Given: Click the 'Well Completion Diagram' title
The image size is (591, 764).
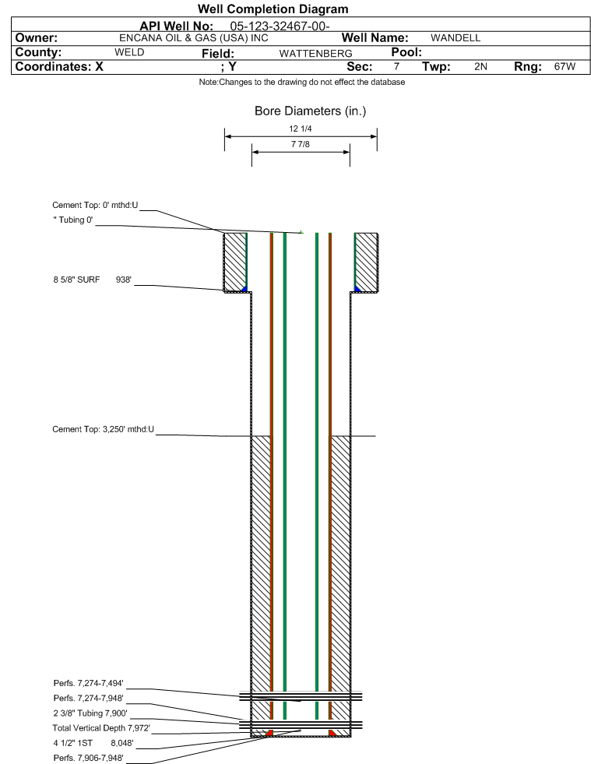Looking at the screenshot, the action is click(273, 9).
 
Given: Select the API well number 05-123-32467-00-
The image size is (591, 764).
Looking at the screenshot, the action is click(280, 26).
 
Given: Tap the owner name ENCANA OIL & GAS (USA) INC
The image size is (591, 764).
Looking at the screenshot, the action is click(194, 38).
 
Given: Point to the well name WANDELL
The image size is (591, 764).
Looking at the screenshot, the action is click(456, 38).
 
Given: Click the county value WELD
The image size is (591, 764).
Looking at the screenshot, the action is click(129, 52).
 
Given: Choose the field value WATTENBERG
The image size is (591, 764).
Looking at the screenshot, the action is click(315, 53).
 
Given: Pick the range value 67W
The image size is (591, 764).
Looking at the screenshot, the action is click(565, 66).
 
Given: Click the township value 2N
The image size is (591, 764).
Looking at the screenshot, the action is click(480, 66).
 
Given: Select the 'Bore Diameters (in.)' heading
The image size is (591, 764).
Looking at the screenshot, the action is click(311, 111).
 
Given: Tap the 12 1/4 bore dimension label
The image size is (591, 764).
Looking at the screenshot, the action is click(300, 129).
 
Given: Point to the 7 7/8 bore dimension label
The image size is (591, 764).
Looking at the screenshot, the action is click(300, 144).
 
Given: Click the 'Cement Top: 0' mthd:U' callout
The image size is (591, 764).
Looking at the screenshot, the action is click(95, 205).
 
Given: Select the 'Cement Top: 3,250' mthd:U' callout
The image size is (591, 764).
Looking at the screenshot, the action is click(104, 429).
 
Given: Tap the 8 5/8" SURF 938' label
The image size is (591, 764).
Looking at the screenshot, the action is click(93, 280).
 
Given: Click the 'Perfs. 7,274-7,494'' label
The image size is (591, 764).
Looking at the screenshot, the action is click(88, 683).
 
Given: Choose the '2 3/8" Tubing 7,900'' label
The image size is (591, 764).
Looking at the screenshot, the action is click(90, 713).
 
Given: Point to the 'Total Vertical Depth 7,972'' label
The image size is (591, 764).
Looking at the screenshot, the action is click(101, 728).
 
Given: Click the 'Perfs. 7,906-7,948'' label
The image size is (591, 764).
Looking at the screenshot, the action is click(88, 758).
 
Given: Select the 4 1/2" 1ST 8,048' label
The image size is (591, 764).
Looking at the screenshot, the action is click(93, 743).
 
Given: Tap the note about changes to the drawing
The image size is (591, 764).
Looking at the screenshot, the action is click(302, 82).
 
